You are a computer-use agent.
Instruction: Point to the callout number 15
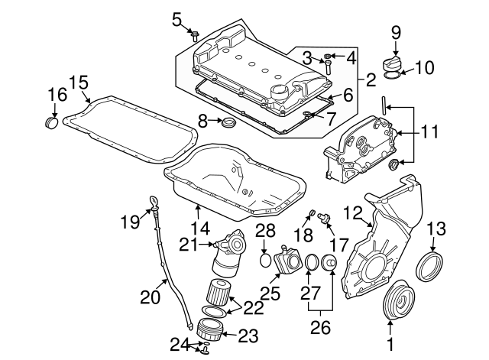77,83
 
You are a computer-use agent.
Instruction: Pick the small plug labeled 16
53,122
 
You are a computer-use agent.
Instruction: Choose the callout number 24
178,343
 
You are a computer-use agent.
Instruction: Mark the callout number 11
432,132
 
